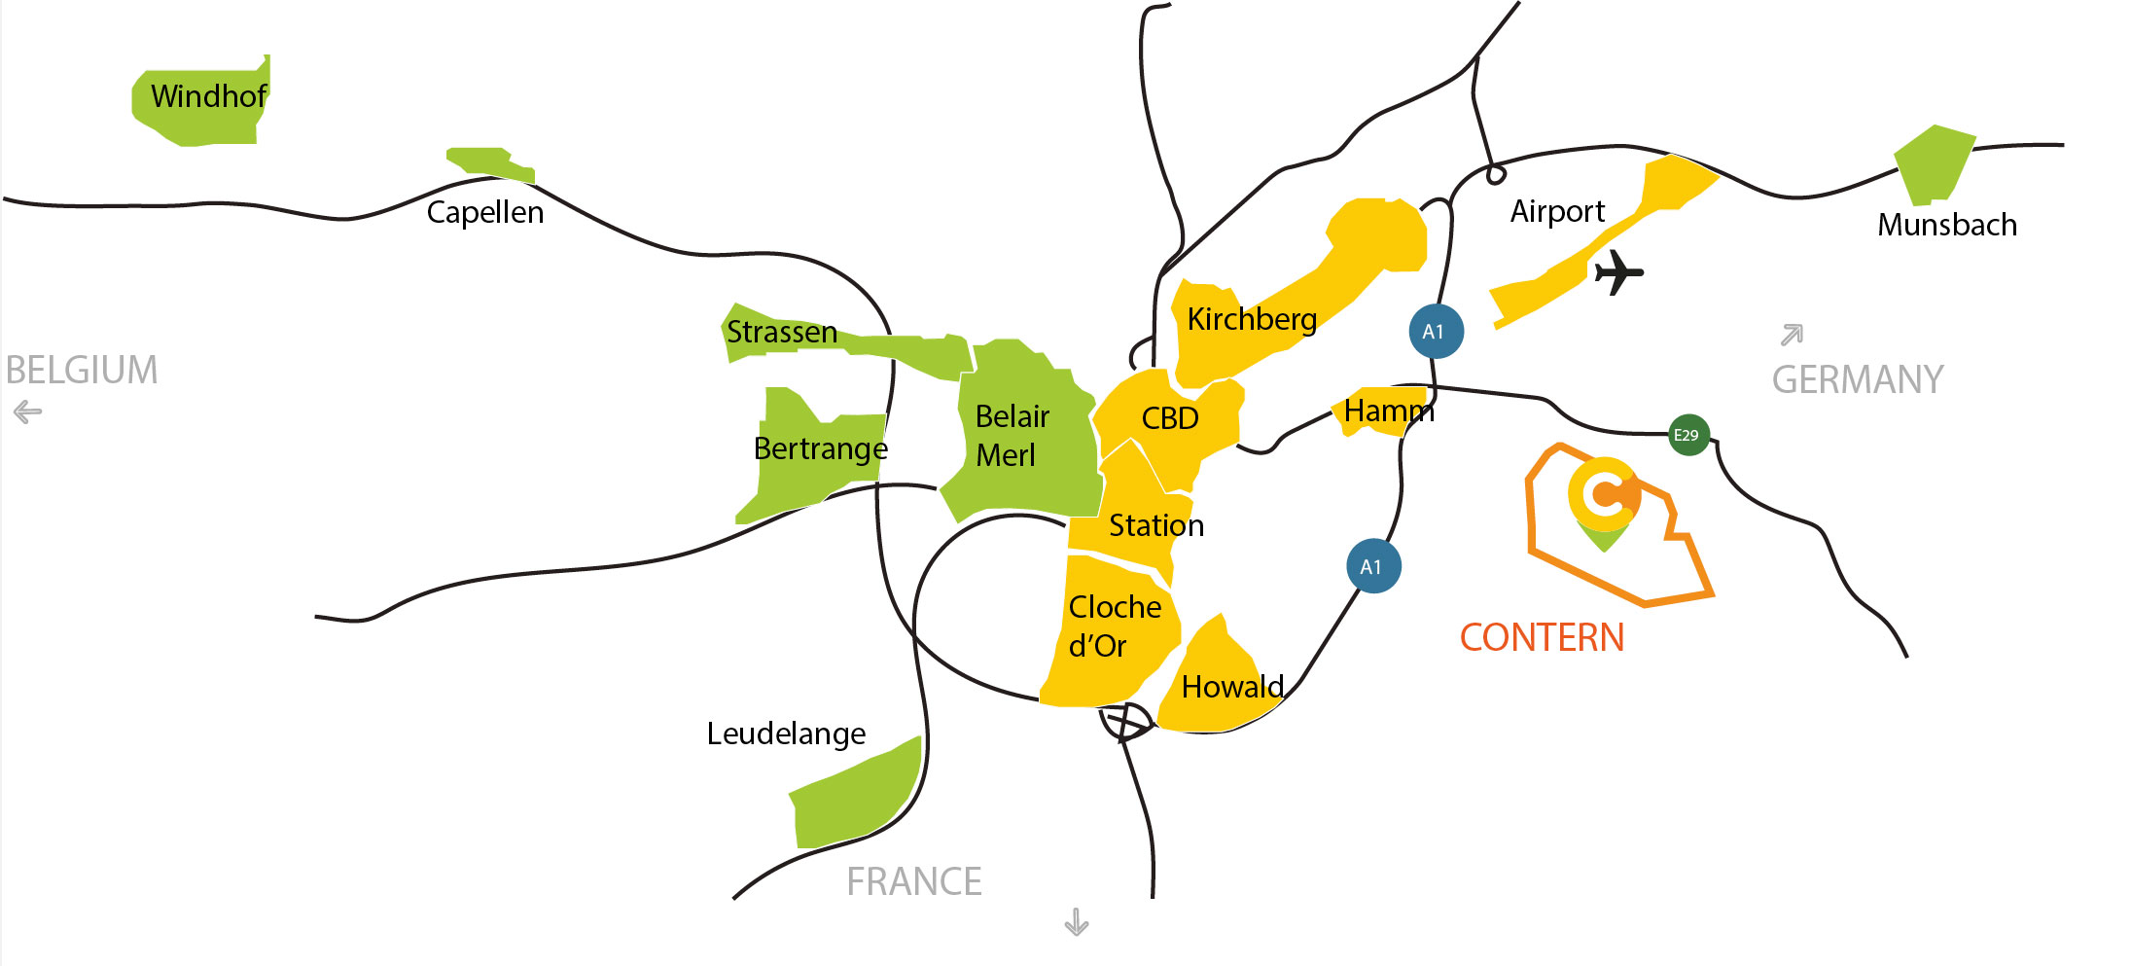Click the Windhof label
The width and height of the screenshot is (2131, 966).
pos(208,96)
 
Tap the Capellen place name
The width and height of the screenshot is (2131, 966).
pos(484,212)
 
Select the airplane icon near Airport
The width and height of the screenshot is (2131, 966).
pos(1617,271)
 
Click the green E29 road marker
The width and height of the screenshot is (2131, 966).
pos(1687,435)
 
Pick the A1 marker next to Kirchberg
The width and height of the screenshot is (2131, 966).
pos(1436,332)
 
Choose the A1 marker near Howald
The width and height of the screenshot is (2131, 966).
pos(1373,566)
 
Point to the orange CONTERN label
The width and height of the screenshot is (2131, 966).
pos(1542,638)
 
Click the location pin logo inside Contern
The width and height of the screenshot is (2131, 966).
pos(1604,501)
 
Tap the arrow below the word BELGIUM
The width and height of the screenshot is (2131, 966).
pos(28,412)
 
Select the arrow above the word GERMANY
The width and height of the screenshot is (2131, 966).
pos(1792,335)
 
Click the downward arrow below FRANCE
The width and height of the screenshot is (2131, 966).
pos(1076,921)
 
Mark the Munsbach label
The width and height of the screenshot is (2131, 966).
pos(1946,225)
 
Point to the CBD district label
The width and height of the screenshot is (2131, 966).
pos(1169,418)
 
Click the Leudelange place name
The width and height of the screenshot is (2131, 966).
pos(786,733)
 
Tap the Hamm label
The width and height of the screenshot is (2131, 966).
pos(1388,411)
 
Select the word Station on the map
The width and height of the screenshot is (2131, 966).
pos(1156,525)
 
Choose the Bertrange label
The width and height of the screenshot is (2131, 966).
pos(820,448)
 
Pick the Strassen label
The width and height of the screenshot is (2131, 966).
pos(781,333)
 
